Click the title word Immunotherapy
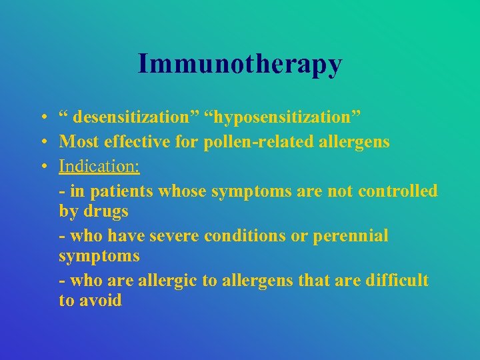click(x=240, y=64)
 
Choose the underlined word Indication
click(x=99, y=165)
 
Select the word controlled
click(x=398, y=191)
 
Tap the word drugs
click(x=106, y=212)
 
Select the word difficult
click(x=397, y=281)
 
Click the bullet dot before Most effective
click(x=42, y=142)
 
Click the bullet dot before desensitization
click(x=42, y=119)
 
